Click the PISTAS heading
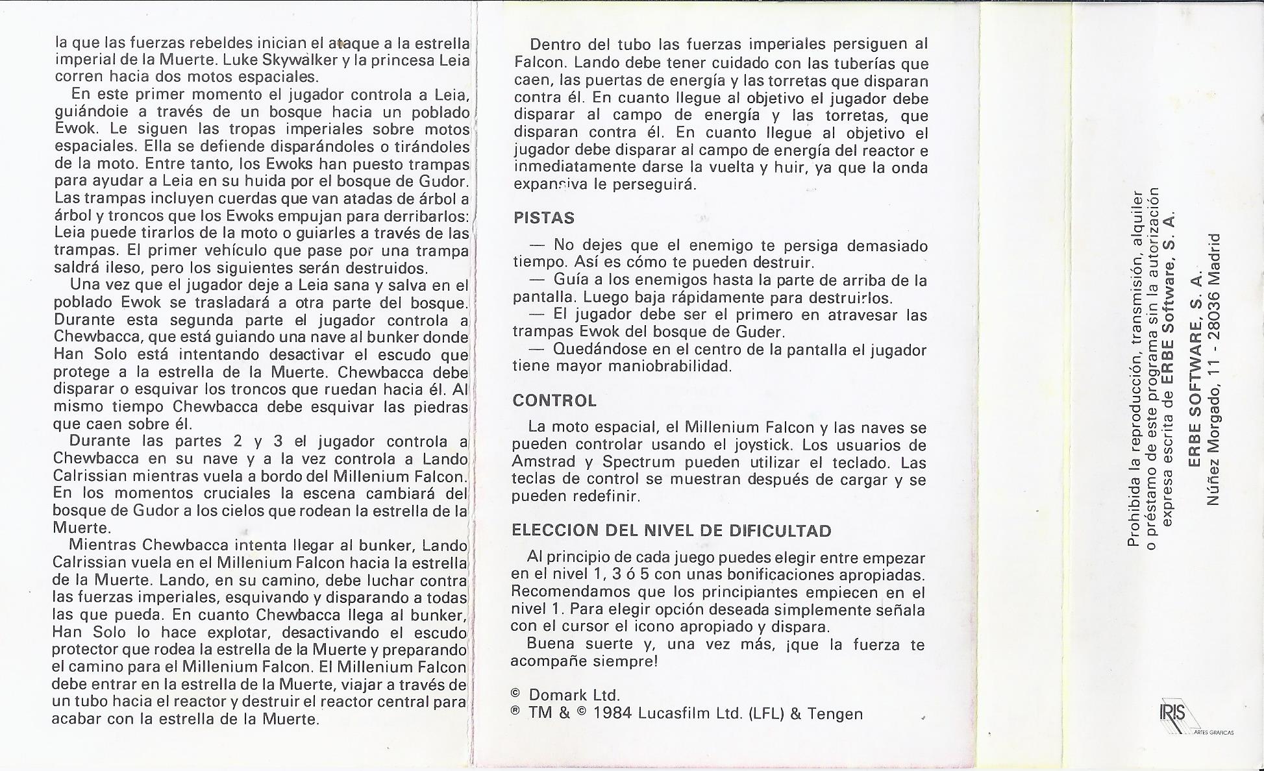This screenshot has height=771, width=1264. (x=544, y=218)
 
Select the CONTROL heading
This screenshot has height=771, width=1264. (x=554, y=400)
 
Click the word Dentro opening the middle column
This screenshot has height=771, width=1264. (x=556, y=44)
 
